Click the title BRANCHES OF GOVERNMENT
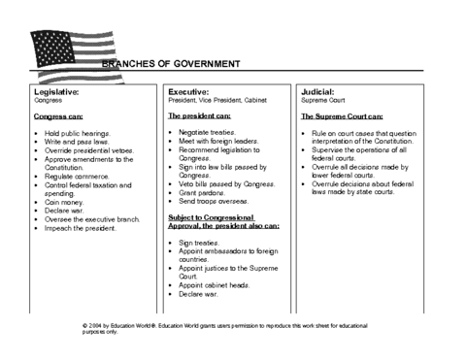point(170,64)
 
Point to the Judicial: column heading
point(320,90)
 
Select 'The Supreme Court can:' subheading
point(341,115)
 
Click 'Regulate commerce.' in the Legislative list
point(79,176)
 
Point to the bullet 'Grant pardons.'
point(205,193)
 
